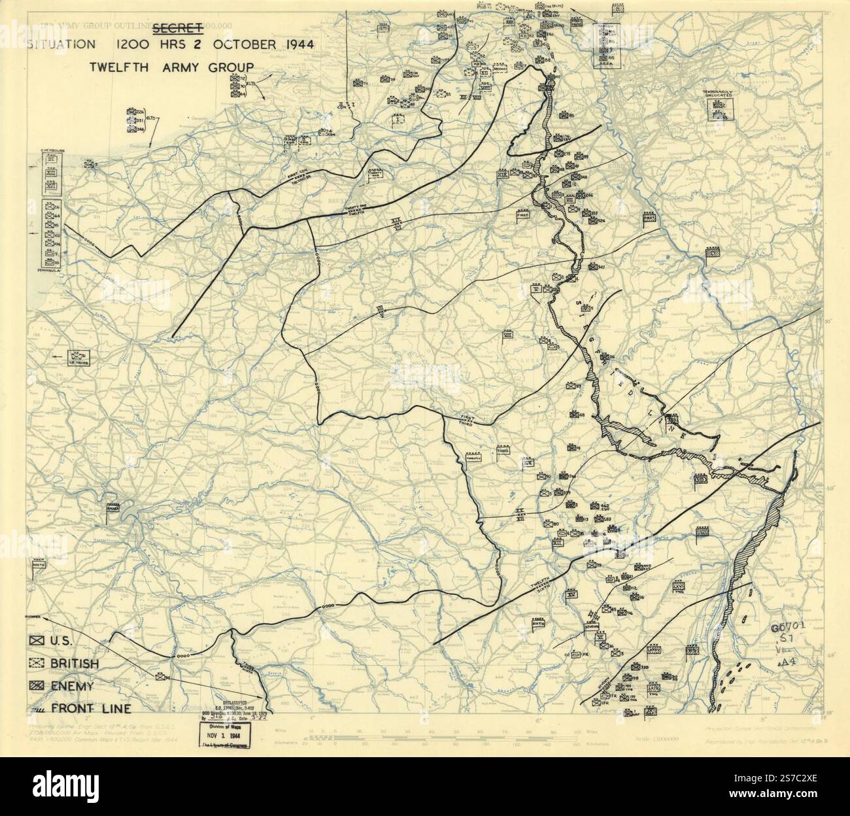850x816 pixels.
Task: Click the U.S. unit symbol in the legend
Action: [x=37, y=641]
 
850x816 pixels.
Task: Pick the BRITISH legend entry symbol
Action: [x=37, y=664]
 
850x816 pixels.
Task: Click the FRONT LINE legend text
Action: [x=91, y=708]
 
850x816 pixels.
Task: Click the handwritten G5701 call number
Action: [x=787, y=628]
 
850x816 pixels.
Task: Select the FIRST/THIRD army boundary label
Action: [x=466, y=420]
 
